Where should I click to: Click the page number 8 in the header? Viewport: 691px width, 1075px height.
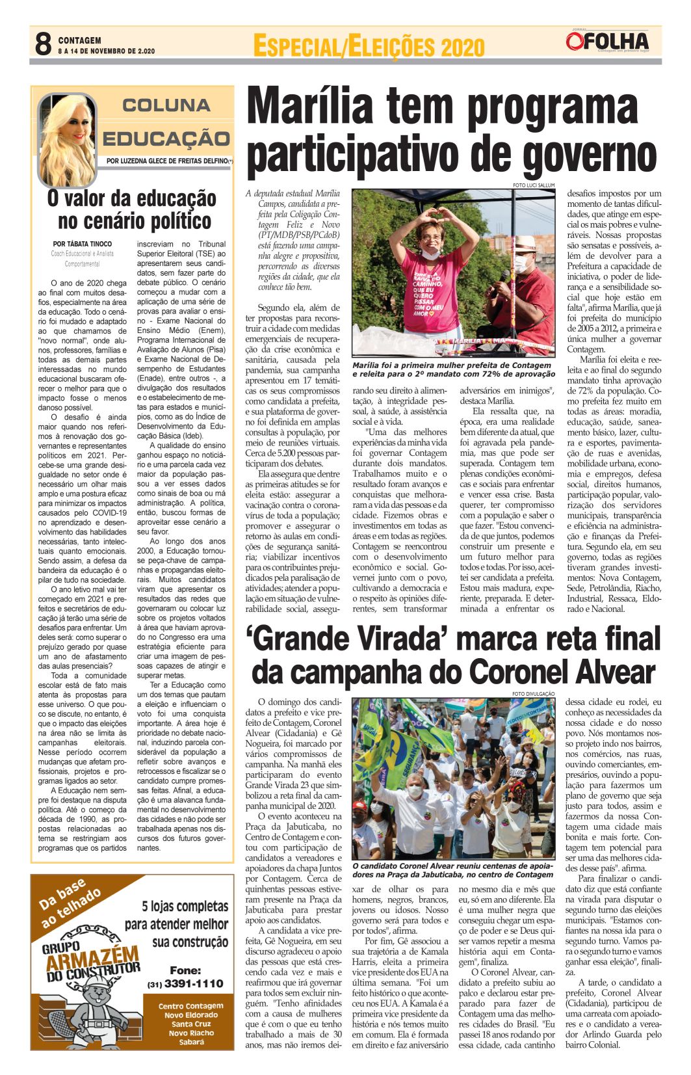point(43,45)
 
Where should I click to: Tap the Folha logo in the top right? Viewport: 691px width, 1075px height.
point(607,42)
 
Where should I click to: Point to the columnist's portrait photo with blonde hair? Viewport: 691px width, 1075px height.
point(66,139)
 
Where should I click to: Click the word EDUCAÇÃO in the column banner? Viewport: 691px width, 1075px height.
point(166,139)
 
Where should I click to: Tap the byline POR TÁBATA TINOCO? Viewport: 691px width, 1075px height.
point(82,244)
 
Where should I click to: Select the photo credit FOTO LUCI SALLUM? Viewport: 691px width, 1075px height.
point(533,185)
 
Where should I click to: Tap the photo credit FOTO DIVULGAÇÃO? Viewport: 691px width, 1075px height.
point(533,694)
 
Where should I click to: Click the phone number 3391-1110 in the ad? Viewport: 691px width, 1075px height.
point(193,983)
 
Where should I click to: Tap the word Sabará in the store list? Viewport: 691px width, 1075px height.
point(192,1042)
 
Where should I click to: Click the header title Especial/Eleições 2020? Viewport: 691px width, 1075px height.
point(368,47)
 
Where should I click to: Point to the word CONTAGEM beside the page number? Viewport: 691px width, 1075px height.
point(79,40)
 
